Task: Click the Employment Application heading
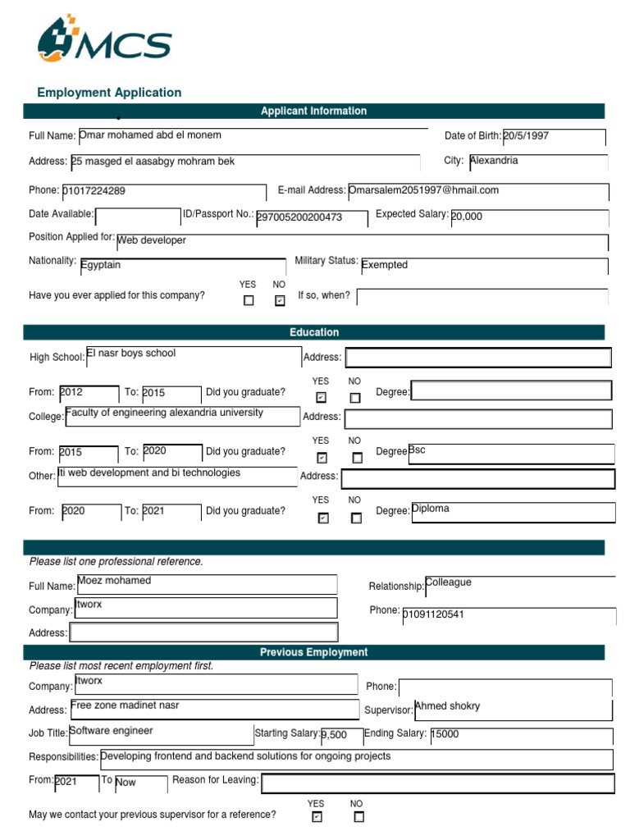[109, 93]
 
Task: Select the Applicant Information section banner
[313, 111]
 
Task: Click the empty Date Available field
[137, 217]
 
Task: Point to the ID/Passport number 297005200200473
[299, 217]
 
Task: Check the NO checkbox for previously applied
[280, 301]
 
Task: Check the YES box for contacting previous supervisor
[317, 817]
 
